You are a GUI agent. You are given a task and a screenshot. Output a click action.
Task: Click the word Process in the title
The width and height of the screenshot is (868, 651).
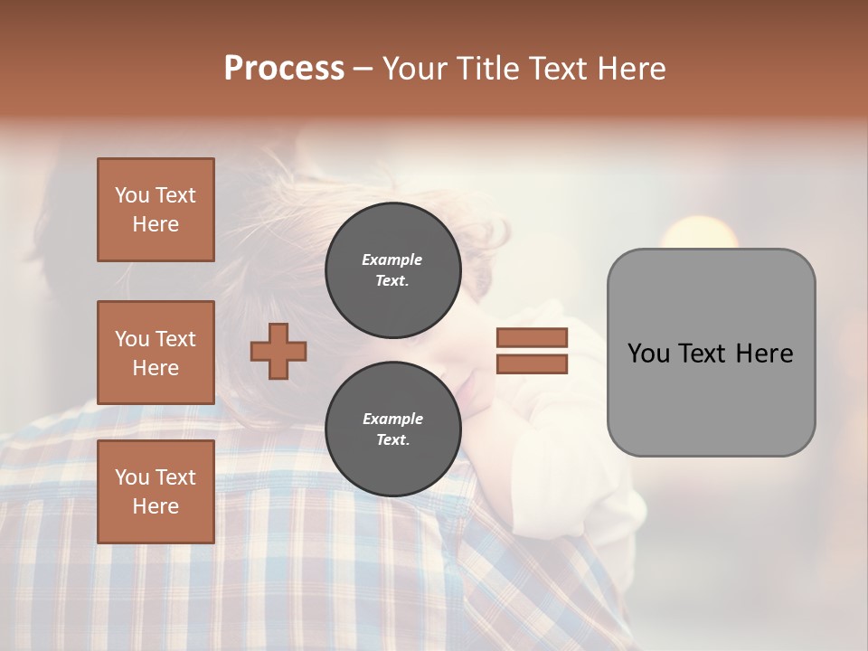tap(284, 69)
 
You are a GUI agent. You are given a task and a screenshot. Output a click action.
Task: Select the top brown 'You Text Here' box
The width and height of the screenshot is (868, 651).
tap(156, 210)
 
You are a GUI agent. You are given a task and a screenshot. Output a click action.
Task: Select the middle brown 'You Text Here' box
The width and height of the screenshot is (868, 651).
tap(156, 353)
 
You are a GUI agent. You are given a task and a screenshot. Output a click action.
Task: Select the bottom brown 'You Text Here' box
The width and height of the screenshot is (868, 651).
tap(156, 491)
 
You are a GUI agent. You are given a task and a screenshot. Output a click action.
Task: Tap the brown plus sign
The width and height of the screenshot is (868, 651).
tap(278, 351)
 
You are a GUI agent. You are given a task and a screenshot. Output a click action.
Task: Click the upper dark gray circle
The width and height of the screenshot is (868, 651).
tap(392, 269)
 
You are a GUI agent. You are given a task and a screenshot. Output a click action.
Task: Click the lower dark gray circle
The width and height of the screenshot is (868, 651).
tap(392, 429)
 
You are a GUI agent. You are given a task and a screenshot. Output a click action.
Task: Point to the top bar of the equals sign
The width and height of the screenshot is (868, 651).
tap(532, 337)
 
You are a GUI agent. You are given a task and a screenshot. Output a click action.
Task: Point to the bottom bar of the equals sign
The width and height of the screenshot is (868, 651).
tap(532, 363)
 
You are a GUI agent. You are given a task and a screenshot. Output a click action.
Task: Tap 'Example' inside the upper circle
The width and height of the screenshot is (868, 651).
tap(392, 259)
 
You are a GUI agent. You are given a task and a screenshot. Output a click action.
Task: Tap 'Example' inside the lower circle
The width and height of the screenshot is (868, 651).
tap(392, 419)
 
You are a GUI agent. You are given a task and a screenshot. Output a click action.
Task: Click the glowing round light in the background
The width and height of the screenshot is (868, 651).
tap(699, 237)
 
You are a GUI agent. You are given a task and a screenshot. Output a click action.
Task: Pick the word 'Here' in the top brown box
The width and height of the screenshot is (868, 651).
tap(156, 224)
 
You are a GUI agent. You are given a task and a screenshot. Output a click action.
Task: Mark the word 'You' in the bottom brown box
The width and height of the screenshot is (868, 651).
tap(132, 477)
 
